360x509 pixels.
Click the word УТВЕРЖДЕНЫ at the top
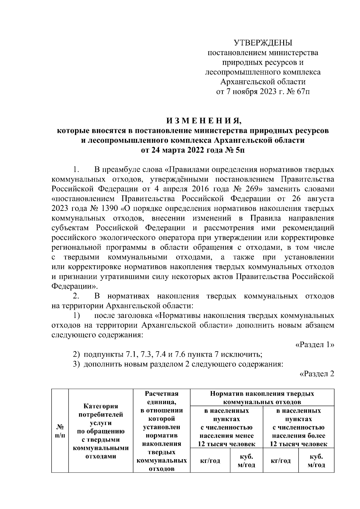(263, 43)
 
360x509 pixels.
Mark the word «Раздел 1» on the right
(315, 345)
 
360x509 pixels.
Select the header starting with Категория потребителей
(101, 431)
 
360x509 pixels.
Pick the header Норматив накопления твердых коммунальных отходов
(262, 397)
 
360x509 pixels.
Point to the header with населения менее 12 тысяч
(226, 427)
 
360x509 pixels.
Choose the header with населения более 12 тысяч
(298, 427)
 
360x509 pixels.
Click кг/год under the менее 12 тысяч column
(210, 460)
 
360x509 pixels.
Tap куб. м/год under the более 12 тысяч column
(316, 460)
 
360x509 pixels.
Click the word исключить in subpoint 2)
(247, 355)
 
